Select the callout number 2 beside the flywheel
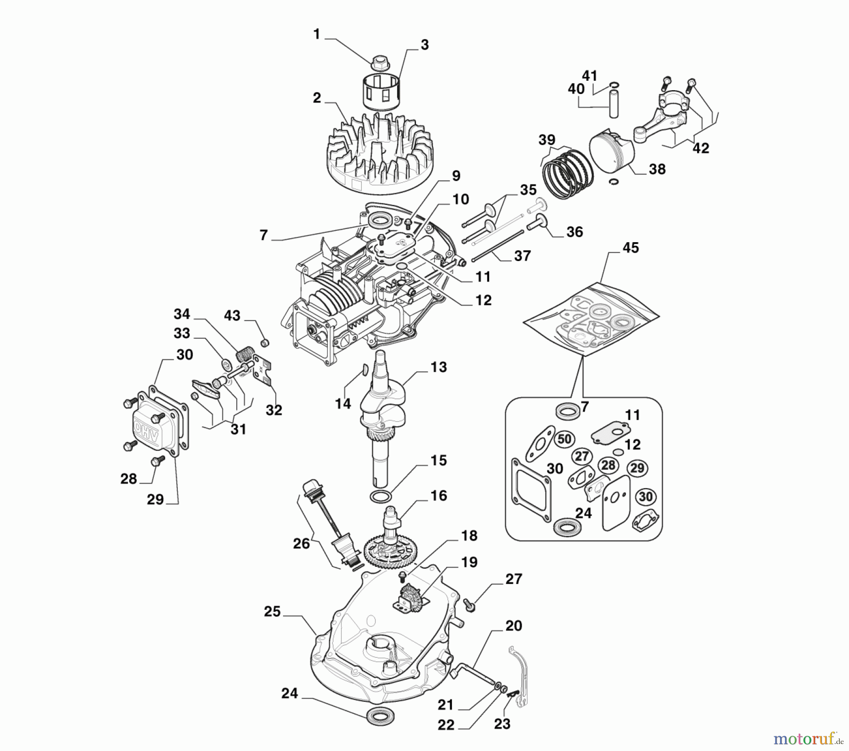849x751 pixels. click(317, 98)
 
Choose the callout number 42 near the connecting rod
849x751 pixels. click(701, 148)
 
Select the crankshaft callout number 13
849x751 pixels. click(439, 367)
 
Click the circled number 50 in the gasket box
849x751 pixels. click(564, 439)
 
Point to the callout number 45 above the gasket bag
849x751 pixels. click(631, 248)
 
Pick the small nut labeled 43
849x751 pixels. click(265, 342)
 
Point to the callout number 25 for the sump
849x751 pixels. click(273, 612)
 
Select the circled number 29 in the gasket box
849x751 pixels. click(637, 468)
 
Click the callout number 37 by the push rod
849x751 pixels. click(522, 256)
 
